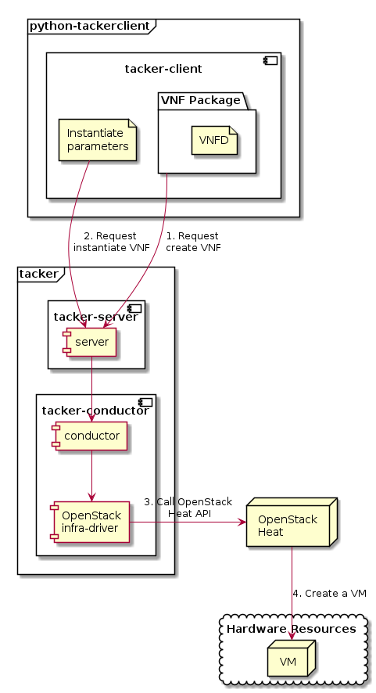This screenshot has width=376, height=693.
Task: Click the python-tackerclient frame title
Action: (88, 26)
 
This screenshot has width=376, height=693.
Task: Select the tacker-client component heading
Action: (163, 69)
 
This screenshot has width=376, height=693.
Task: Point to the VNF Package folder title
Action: (202, 100)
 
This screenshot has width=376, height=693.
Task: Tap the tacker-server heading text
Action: (95, 315)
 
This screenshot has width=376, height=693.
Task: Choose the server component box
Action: (90, 343)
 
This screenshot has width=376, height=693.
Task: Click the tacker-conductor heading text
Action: (95, 411)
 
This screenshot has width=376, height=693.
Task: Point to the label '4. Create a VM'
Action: (328, 593)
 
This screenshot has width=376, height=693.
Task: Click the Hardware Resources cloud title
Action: (291, 628)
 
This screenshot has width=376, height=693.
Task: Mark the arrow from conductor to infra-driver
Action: (92, 477)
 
